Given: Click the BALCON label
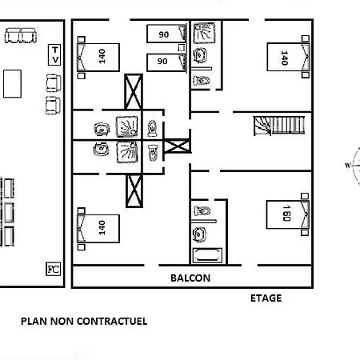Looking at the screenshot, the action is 190,278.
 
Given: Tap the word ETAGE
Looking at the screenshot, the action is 266,298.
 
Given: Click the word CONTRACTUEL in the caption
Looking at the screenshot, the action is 112,321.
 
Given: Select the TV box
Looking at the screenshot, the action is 54,54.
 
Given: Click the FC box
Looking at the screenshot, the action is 54,269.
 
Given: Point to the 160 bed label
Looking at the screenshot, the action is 286,213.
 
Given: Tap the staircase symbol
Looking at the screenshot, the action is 279,126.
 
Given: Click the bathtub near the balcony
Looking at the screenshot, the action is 207,255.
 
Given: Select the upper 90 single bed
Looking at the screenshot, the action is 166,34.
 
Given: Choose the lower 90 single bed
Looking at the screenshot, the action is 166,62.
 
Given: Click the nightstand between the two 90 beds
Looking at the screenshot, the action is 182,48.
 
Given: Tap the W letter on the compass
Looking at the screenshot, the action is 348,166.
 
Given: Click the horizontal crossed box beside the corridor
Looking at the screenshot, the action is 177,146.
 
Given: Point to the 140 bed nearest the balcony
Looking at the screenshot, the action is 98,229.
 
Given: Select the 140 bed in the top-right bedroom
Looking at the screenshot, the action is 288,57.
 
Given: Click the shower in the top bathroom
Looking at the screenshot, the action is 204,33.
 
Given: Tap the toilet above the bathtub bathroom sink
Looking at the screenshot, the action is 202,211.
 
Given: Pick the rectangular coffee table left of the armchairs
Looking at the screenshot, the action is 12,84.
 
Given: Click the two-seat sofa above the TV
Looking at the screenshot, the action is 21,35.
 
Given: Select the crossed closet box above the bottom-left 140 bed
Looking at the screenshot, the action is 134,190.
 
